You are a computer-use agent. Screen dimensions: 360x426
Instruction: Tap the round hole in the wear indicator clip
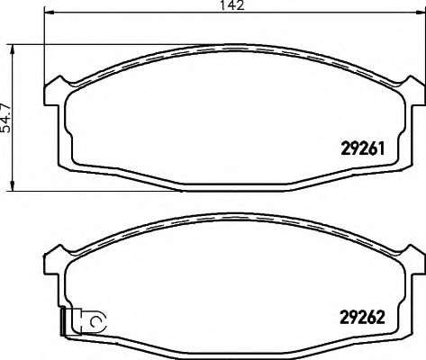point(97,319)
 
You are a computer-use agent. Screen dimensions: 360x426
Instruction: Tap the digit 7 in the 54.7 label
point(6,99)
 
